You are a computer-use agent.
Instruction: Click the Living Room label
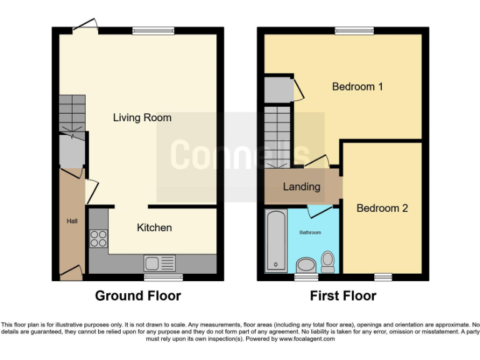point(142,117)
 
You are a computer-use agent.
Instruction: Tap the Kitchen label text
point(154,227)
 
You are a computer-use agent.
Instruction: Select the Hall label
point(72,221)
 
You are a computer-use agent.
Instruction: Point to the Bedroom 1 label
point(357,87)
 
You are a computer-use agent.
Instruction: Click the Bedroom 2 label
point(382,208)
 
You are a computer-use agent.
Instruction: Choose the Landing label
point(301,186)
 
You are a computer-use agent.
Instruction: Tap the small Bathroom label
point(309,232)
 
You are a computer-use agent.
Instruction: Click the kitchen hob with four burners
point(98,239)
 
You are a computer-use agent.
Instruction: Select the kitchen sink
point(159,262)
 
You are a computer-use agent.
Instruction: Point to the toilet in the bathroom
point(327,261)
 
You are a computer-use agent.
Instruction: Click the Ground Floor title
point(138,296)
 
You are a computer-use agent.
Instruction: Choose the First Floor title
point(343,296)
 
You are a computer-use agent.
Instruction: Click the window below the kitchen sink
point(163,277)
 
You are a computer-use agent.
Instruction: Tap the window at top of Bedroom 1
point(354,31)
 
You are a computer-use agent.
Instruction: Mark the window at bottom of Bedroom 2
point(383,277)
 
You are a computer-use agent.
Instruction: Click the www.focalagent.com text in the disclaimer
point(307,339)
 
